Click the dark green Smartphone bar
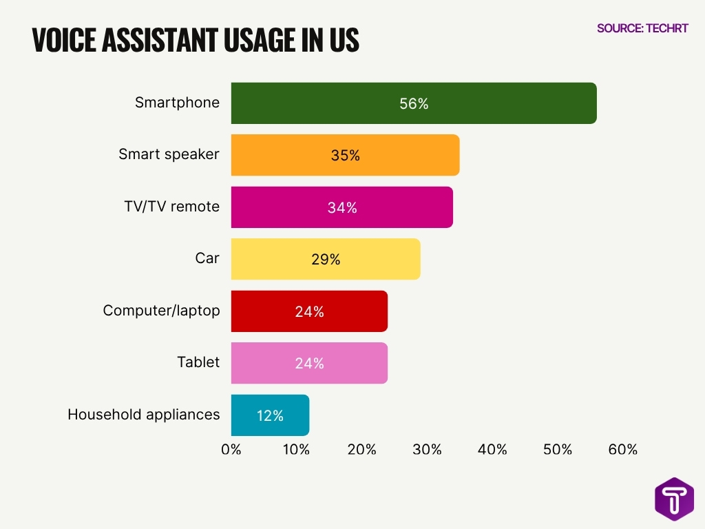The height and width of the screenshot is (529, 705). coord(413,103)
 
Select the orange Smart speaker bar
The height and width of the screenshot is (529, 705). coord(345,155)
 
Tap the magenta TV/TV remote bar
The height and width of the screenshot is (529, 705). coord(341,207)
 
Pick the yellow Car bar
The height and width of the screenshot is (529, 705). coord(325,259)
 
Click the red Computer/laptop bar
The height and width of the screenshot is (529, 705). coord(309,311)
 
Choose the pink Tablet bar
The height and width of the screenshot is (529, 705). coord(309,363)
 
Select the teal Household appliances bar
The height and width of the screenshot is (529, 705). coord(270,415)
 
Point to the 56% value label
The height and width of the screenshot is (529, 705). coord(414,104)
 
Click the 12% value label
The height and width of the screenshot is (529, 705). coord(270,416)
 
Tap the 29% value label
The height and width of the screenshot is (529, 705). coord(325,260)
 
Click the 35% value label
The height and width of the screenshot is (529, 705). coord(345,156)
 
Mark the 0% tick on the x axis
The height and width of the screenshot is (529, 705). coord(231,450)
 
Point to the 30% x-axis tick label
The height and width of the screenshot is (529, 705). coord(427,450)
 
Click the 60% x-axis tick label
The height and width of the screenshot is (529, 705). coord(623,450)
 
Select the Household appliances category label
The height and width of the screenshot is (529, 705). coord(143,414)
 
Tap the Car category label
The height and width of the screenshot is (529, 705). coord(207,258)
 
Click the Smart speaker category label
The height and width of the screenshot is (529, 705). coord(169,154)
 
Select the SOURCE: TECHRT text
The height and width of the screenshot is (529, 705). coord(642,28)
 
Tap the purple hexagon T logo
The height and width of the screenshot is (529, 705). coord(674,499)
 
